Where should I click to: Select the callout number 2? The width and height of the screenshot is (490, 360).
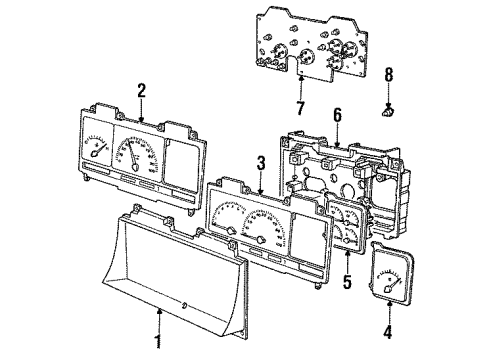(x=142, y=89)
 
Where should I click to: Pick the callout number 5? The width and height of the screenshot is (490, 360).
(x=348, y=283)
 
